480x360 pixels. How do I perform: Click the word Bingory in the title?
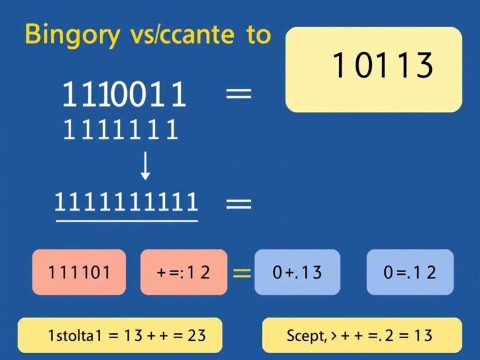point(71,35)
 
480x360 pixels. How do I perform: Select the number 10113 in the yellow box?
point(382,66)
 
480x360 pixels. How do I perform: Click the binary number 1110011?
point(124,96)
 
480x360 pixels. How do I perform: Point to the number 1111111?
point(121,131)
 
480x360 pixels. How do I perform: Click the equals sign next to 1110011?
point(237,95)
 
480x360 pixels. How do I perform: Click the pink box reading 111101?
point(79,272)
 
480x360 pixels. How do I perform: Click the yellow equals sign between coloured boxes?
point(242,272)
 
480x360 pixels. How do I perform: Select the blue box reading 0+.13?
point(297,272)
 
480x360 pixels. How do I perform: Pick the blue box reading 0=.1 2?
point(409,272)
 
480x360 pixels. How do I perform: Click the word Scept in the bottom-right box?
point(306,336)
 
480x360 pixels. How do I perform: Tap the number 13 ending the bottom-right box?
point(423,336)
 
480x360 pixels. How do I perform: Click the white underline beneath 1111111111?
point(126,219)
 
